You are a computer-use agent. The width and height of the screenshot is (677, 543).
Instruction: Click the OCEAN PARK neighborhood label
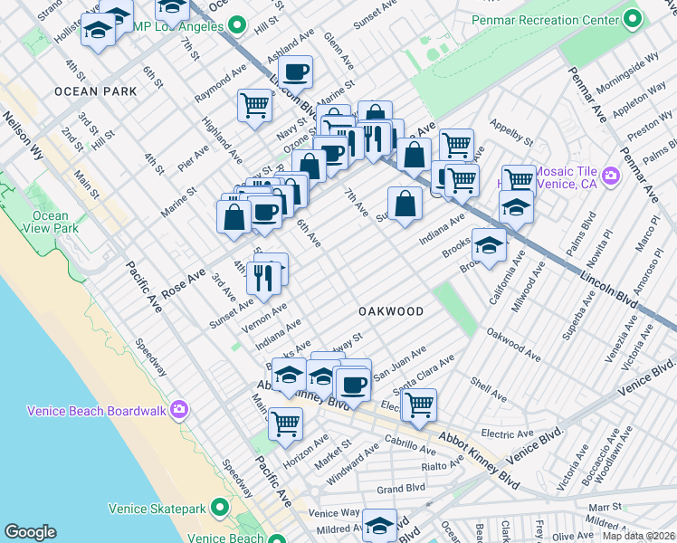[95, 91]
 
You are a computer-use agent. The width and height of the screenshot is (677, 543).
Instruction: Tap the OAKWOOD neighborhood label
[391, 311]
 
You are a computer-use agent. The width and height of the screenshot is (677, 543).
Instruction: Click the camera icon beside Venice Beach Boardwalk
[180, 410]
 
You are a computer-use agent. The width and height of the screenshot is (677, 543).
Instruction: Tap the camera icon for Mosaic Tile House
[611, 176]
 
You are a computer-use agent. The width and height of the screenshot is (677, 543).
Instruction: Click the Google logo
[30, 532]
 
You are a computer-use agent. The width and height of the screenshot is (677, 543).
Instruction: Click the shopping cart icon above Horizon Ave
[285, 422]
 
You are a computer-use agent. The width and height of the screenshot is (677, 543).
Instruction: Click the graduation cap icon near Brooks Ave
[489, 245]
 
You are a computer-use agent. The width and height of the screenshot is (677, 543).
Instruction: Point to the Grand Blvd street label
[401, 489]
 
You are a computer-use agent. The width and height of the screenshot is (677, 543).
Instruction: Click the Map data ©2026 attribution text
[638, 535]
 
